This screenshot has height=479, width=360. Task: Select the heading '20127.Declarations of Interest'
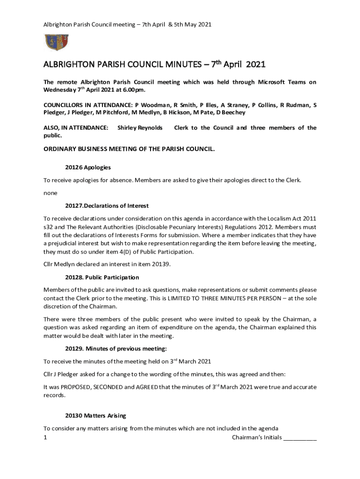coord(107,206)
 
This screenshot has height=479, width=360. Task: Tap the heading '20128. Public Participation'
coord(102,277)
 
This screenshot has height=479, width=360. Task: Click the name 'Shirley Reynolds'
coord(140,128)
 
